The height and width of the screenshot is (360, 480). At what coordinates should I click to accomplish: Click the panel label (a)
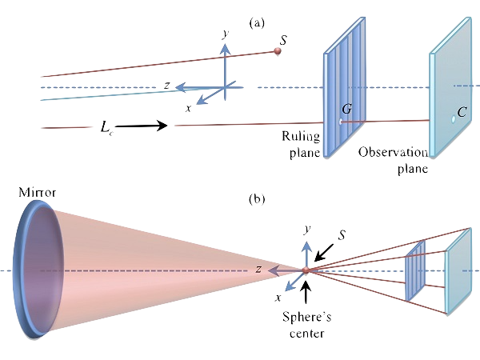click(x=256, y=23)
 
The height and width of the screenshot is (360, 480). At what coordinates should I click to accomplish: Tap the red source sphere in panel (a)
click(x=278, y=51)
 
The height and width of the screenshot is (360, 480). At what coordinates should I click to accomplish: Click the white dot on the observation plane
click(x=452, y=119)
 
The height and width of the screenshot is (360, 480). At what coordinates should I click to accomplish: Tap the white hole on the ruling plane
click(x=340, y=122)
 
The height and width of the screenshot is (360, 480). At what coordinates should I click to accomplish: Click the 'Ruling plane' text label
click(x=302, y=145)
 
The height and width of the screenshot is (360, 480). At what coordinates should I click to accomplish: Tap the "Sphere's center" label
click(x=306, y=325)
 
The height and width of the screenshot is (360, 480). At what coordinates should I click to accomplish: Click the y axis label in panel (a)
click(x=226, y=35)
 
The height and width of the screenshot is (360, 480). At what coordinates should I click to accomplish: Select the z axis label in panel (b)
click(x=260, y=270)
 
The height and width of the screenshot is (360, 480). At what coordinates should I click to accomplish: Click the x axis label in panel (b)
click(x=278, y=297)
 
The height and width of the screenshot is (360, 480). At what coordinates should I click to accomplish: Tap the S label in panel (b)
click(x=342, y=235)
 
